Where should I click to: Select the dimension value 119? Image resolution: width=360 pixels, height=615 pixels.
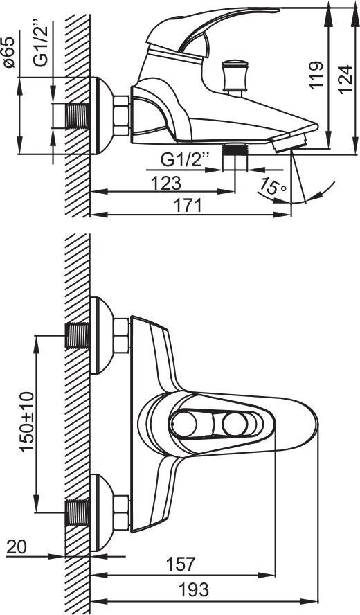click(x=316, y=75)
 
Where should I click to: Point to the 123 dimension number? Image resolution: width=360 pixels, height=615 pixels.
click(x=166, y=183)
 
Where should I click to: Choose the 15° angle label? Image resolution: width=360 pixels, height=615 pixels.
click(x=273, y=188)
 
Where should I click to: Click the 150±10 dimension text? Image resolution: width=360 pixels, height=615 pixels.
click(x=28, y=422)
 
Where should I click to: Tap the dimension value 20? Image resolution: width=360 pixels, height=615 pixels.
click(x=17, y=547)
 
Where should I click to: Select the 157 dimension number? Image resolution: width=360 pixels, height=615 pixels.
click(x=181, y=564)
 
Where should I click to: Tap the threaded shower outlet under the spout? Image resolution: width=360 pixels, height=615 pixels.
click(x=235, y=150)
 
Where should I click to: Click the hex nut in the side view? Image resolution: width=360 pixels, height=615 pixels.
click(x=122, y=116)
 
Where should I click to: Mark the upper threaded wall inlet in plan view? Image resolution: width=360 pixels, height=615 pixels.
click(x=78, y=335)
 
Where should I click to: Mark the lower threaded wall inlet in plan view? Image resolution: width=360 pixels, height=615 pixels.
click(x=78, y=512)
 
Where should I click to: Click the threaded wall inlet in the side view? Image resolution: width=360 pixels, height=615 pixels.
click(x=78, y=116)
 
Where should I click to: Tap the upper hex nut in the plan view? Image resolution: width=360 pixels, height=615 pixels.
click(x=122, y=335)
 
